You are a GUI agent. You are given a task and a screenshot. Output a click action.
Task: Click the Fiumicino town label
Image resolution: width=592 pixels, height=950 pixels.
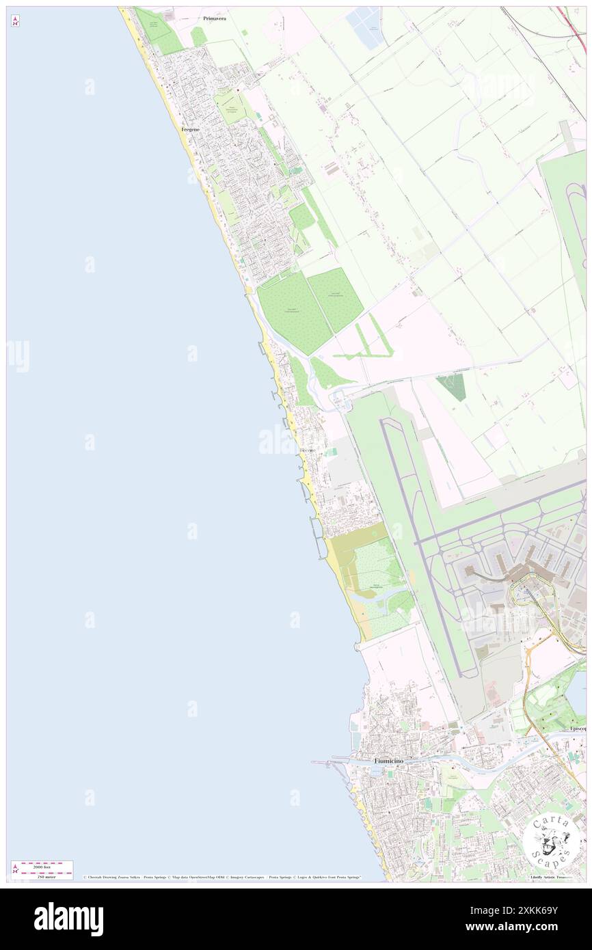[x=388, y=761]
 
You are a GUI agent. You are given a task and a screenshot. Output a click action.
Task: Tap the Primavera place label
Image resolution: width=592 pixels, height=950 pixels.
[x=215, y=18]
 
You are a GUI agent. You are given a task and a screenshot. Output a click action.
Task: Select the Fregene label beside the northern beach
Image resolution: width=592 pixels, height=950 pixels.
[x=190, y=128]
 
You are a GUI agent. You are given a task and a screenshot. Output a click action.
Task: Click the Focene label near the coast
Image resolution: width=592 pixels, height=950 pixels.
[x=308, y=451]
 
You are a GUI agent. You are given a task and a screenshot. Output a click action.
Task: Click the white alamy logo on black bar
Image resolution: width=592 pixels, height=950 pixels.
[x=68, y=919]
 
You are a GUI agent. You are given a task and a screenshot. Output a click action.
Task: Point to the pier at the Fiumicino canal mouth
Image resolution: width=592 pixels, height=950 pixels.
[x=328, y=762]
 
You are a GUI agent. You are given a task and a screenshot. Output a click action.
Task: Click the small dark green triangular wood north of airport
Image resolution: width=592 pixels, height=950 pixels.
[x=453, y=386]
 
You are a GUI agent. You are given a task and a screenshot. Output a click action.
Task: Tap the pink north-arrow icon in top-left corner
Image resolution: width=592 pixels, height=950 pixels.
[x=15, y=21]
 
